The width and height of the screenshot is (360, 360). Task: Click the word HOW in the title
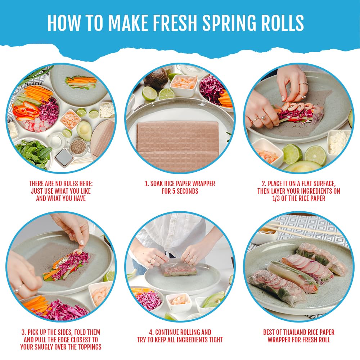(x=64, y=23)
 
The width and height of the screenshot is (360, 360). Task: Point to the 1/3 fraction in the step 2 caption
(x=276, y=198)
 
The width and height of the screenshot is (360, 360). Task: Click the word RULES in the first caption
(x=71, y=184)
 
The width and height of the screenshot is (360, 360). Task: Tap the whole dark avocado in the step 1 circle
(x=156, y=79)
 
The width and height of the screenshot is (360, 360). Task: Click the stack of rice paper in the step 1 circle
(x=178, y=145)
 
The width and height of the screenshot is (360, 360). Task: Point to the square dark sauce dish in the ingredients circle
(x=64, y=158)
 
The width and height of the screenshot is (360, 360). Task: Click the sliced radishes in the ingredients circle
(x=37, y=125)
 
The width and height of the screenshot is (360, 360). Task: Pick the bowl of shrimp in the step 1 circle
(x=184, y=85)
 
